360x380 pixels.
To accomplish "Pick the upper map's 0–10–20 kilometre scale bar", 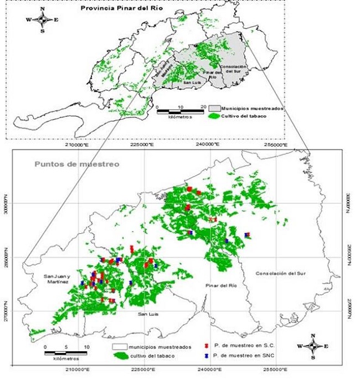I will [x=181, y=112].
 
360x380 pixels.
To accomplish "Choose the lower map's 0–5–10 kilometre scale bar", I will [x=65, y=352].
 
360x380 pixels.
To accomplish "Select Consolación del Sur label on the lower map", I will [x=281, y=273].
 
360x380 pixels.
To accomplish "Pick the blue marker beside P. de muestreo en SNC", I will [x=205, y=355].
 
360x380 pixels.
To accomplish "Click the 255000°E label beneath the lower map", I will [x=274, y=370].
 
